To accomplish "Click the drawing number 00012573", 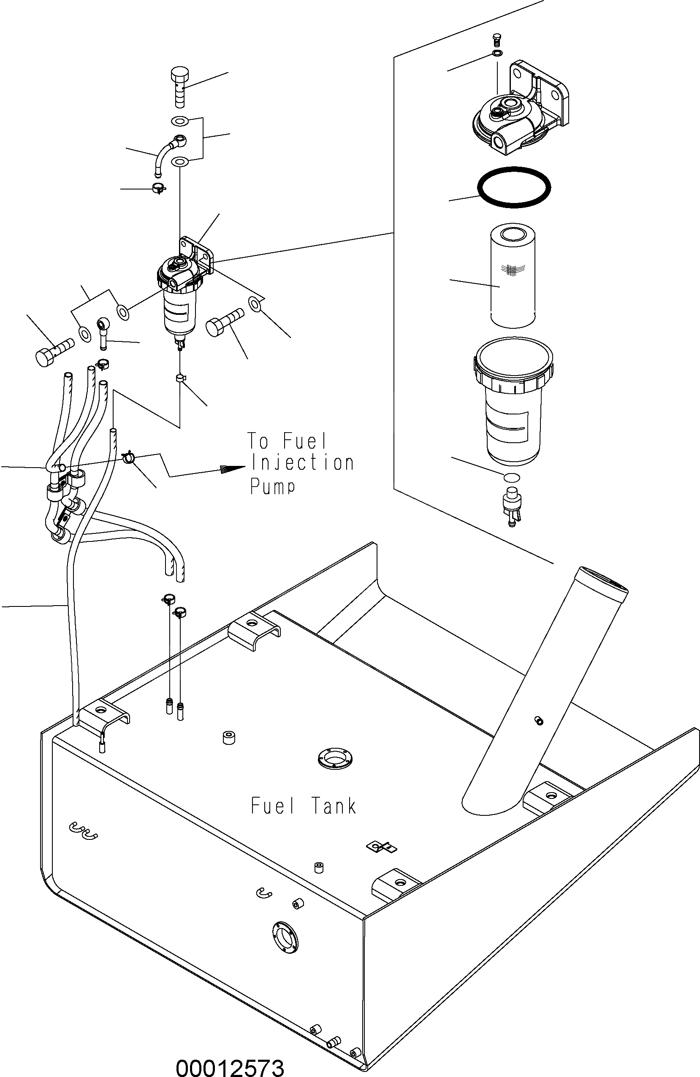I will (230, 1066).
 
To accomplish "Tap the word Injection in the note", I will (302, 463).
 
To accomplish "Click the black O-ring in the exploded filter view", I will (514, 187).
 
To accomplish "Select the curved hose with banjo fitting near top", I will (168, 152).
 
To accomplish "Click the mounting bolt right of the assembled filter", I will (224, 322).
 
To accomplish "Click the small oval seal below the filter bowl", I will (511, 477).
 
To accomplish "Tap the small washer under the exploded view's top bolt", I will (498, 54).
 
